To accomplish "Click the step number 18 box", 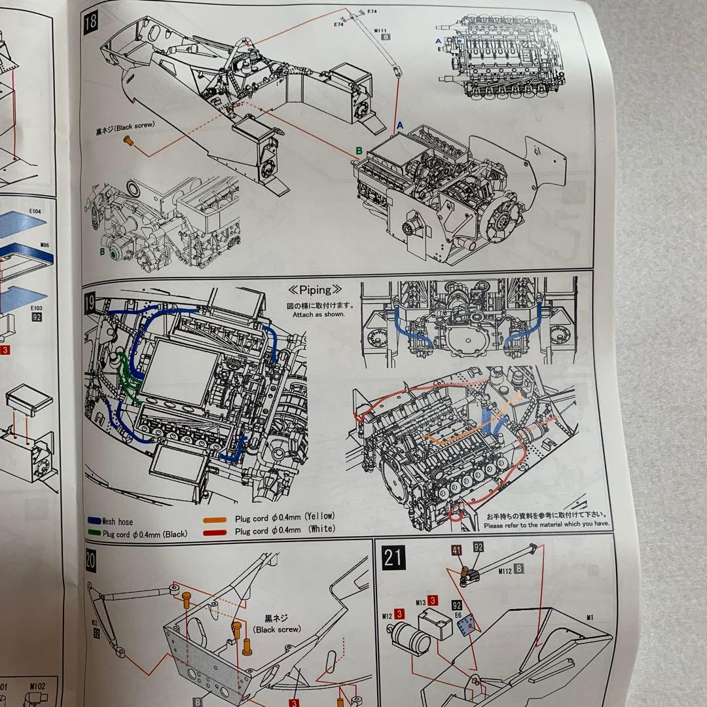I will click(91, 21).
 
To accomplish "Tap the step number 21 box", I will click(393, 558).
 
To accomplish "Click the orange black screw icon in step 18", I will click(129, 140).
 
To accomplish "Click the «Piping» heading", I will click(316, 289).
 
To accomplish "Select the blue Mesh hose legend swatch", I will click(94, 522).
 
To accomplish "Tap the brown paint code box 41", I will click(457, 550).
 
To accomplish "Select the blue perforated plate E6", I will click(467, 627).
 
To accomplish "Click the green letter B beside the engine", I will click(359, 151).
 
